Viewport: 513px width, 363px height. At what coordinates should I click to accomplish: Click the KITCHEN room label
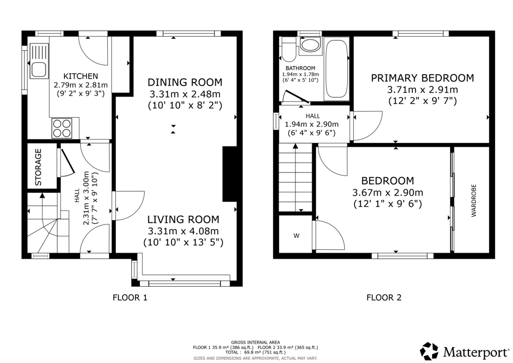[81, 76]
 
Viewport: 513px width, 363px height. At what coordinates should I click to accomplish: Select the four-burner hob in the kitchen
[62, 128]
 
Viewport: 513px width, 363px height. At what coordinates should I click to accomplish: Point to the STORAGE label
[38, 167]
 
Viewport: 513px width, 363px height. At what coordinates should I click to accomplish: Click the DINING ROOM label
[185, 82]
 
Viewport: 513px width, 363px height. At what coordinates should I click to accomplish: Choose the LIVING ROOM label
[183, 219]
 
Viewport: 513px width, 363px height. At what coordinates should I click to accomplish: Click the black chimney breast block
[229, 174]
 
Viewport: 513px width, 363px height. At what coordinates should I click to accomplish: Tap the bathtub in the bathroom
[337, 69]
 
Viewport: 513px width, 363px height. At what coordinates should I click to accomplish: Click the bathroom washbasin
[310, 45]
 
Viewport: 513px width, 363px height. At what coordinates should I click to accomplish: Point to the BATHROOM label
[300, 68]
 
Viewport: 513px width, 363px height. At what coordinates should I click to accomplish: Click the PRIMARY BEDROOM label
[422, 78]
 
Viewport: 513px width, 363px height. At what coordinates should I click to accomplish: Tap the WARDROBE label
[474, 200]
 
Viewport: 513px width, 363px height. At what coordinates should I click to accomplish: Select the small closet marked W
[295, 234]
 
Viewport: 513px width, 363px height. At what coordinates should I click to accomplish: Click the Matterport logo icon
[429, 351]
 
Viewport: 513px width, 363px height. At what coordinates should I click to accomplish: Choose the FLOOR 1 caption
[130, 298]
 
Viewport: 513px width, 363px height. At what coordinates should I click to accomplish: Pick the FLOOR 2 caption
[384, 298]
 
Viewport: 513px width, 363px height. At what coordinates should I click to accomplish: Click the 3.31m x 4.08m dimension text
[183, 231]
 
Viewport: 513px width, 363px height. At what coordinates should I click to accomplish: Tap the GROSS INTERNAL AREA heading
[255, 342]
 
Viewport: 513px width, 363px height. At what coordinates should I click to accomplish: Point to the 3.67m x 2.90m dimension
[388, 193]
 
